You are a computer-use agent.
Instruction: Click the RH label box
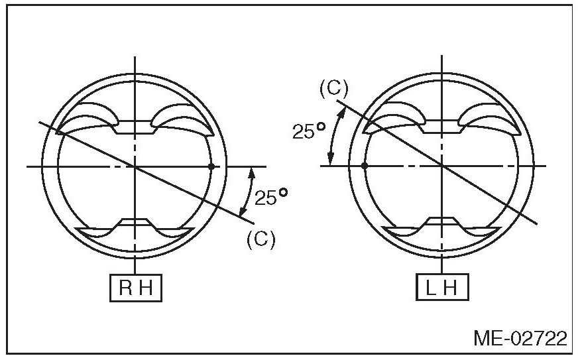point(136,288)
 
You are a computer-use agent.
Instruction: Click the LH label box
point(442,287)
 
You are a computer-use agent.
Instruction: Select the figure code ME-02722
point(520,338)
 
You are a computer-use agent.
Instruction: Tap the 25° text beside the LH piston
point(308,131)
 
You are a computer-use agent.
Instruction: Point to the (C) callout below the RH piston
point(261,239)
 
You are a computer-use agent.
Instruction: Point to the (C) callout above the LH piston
point(334,89)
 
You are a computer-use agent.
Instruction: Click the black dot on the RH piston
point(211,166)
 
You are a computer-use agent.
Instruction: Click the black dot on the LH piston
point(365,165)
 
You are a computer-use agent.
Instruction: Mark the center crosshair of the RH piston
point(135,167)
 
